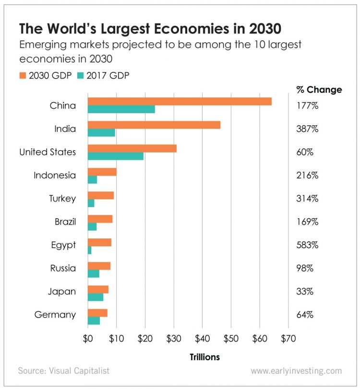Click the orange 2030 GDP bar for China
point(180,101)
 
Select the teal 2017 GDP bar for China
point(121,109)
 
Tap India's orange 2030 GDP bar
point(154,125)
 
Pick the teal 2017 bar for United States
point(116,156)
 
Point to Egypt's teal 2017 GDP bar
point(90,250)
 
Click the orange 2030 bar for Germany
point(97,313)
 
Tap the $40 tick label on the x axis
point(202,338)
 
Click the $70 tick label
point(288,338)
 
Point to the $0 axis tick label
point(88,338)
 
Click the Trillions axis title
point(204,357)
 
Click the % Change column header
point(319,90)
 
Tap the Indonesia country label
point(55,175)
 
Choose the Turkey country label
point(62,199)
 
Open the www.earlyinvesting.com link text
point(296,370)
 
